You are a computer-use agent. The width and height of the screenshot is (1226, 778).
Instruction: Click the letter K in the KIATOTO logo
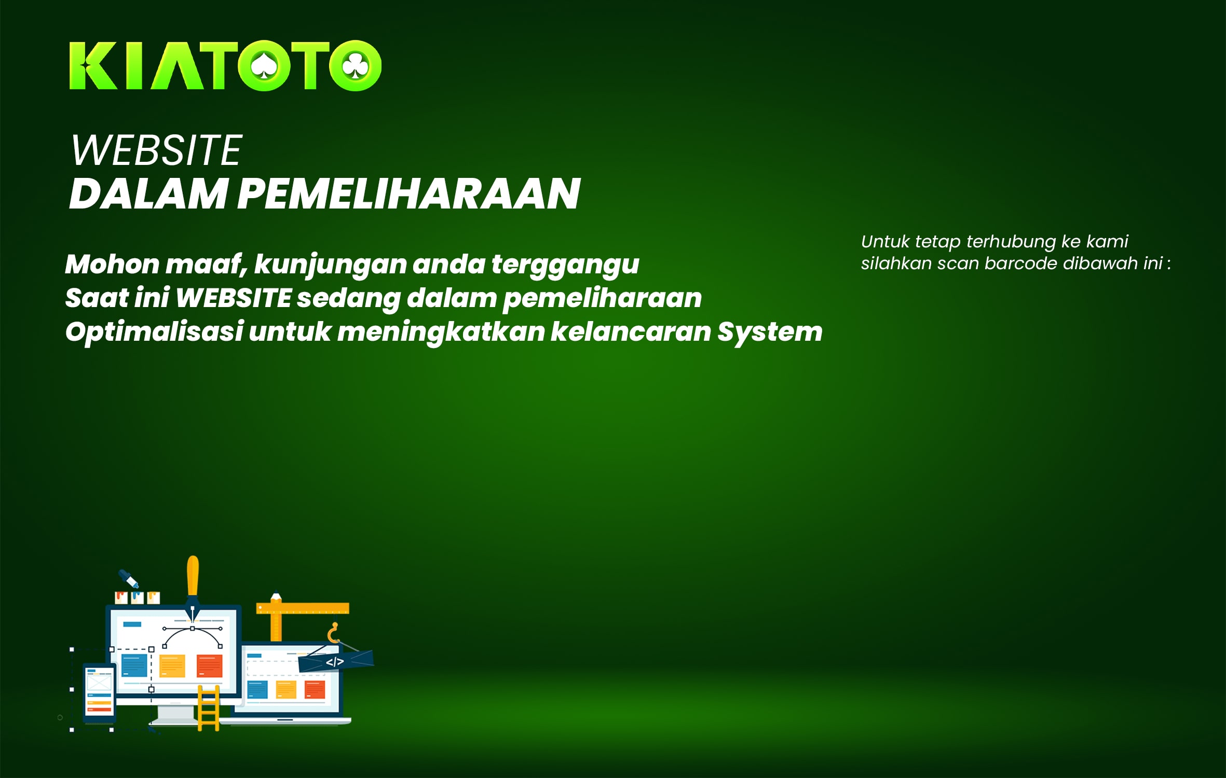[x=93, y=66]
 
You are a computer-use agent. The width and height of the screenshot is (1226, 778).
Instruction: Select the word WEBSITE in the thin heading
[x=156, y=150]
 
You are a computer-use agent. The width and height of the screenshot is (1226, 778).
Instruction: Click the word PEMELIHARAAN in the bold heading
[x=408, y=193]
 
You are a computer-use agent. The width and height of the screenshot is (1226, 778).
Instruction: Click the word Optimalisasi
[x=154, y=332]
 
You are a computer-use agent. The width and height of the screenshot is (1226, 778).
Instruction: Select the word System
[x=770, y=332]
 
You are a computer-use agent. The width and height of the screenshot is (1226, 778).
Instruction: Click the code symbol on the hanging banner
[x=335, y=662]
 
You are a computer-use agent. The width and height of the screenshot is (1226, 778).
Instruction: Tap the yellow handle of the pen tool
[x=193, y=575]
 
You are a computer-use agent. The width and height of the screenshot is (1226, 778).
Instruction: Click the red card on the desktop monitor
[x=210, y=666]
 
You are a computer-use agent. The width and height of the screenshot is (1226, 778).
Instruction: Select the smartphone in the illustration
[x=100, y=692]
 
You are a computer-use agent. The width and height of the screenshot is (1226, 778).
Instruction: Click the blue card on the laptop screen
[x=257, y=689]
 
